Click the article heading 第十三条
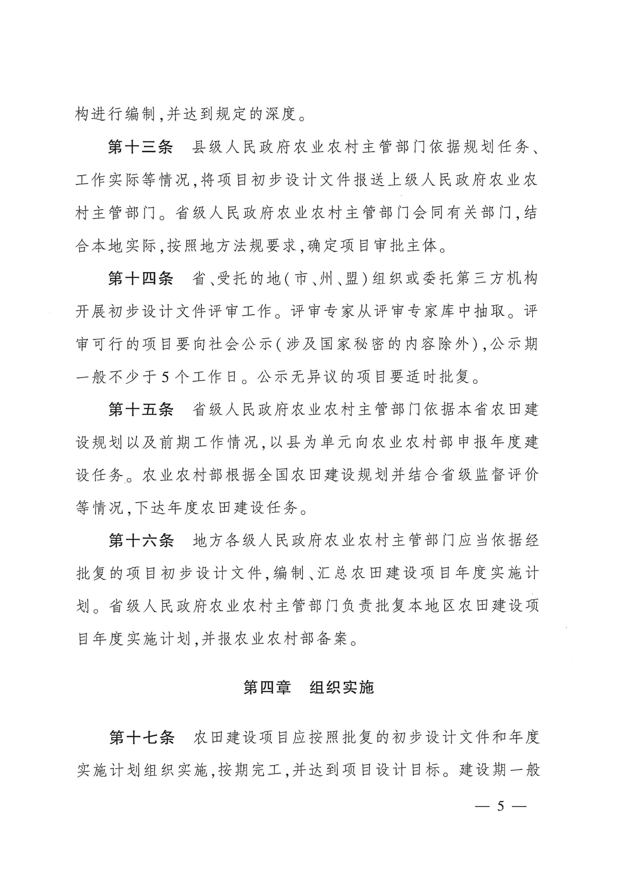(140, 147)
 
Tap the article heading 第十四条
(140, 279)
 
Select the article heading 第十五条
(141, 410)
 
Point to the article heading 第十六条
(141, 541)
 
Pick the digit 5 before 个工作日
(165, 378)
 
